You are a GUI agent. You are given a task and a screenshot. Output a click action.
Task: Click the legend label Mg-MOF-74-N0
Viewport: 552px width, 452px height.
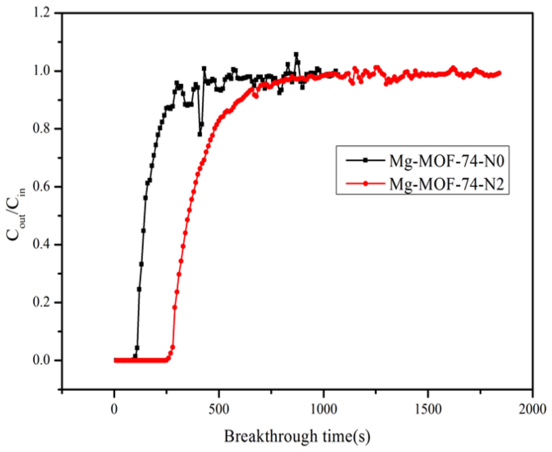click(447, 161)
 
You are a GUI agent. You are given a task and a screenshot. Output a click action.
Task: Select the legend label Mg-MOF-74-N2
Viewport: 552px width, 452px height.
click(447, 184)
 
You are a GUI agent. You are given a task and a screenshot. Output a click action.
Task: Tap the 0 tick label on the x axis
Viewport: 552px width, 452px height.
click(114, 409)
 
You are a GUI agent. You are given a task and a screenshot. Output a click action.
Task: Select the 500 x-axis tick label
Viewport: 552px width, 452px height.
click(219, 409)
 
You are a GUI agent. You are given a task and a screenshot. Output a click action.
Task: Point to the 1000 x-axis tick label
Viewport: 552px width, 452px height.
click(323, 409)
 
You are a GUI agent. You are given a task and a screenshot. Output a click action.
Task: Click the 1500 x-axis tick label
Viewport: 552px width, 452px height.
click(428, 409)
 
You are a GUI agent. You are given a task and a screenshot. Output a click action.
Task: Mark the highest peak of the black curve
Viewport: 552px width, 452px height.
click(296, 54)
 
